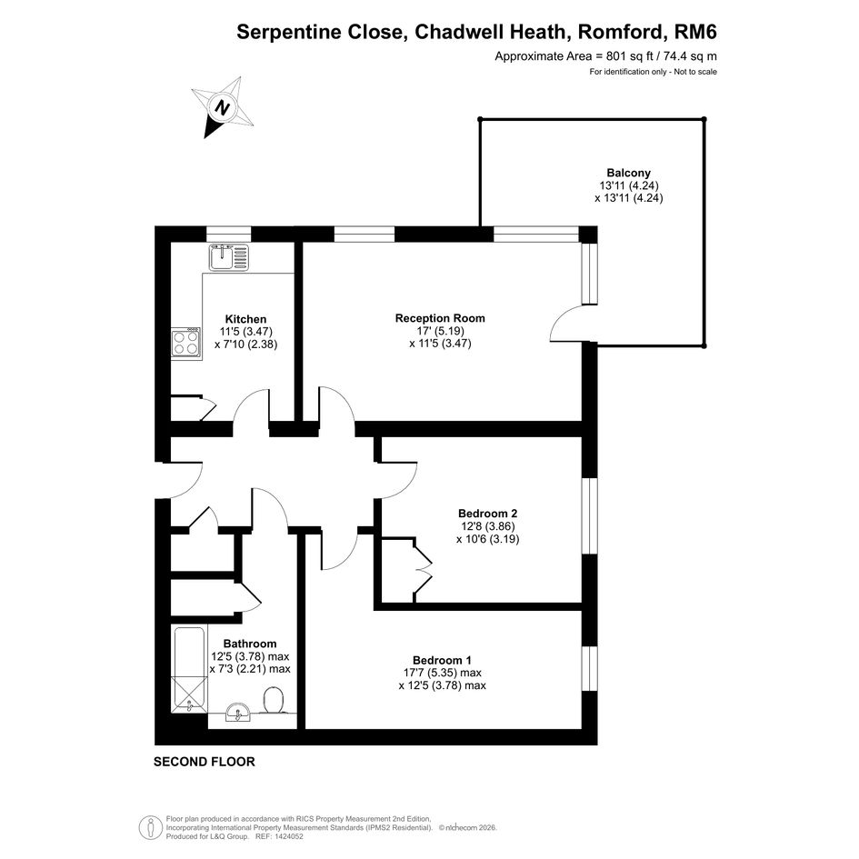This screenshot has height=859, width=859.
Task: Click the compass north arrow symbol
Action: (222, 107)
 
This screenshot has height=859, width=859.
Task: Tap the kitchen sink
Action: (229, 257)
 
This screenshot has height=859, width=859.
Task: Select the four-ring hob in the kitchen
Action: (186, 343)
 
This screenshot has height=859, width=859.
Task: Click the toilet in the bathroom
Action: (274, 701)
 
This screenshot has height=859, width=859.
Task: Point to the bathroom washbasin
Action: (238, 712)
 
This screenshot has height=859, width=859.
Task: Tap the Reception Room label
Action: (440, 318)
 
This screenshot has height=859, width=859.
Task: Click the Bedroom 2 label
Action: (487, 514)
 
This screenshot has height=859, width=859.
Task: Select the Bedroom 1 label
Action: (442, 660)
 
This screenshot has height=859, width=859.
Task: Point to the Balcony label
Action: (628, 173)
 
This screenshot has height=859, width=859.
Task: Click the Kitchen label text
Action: (246, 319)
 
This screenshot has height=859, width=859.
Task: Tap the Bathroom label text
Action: (250, 644)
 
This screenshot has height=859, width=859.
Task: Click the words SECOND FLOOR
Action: (205, 762)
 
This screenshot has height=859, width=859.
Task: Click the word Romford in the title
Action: (623, 33)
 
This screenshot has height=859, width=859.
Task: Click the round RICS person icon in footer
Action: (151, 828)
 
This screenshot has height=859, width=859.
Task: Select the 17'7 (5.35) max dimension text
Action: (442, 673)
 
